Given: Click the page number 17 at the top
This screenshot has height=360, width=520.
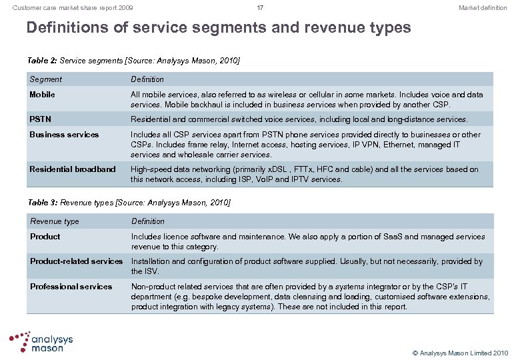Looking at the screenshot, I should point(260,8).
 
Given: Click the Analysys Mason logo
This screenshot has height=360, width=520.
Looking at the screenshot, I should point(41,341).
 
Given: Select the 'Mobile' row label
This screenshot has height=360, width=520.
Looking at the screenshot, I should point(42,95).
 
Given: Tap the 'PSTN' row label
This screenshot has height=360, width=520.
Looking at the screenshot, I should point(41,119).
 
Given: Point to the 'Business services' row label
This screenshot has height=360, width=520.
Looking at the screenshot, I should point(64,135).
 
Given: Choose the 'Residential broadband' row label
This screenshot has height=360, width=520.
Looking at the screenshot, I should point(73,169).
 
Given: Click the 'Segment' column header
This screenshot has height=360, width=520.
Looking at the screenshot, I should point(46,79).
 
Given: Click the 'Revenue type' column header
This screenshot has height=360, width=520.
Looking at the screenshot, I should point(55,221).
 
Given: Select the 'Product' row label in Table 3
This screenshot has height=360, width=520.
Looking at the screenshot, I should point(45,237).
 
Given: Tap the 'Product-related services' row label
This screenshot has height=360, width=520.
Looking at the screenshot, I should point(76,261).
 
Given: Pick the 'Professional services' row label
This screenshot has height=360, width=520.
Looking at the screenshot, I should point(71,287).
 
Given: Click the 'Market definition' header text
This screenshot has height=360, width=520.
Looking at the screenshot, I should point(483,8).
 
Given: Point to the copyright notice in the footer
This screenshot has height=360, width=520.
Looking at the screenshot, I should point(460,353).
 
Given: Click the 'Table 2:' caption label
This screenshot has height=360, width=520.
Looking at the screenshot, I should point(42,61).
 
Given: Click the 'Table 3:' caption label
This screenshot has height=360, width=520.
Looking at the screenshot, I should point(42,202).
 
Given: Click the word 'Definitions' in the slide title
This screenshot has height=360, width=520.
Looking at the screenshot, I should point(77,28).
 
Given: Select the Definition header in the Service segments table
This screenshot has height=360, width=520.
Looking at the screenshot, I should point(147,79).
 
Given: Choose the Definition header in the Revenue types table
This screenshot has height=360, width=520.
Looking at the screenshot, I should point(148,221).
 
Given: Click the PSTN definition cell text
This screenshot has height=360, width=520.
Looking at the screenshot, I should point(299,119).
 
